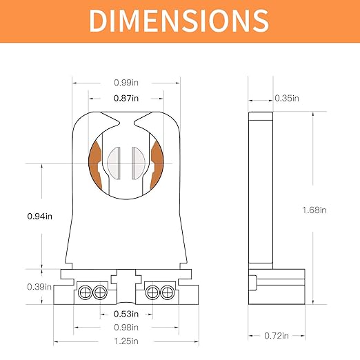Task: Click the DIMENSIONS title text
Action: pyautogui.click(x=179, y=21)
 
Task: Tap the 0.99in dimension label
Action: pyautogui.click(x=125, y=83)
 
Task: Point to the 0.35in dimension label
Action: pyautogui.click(x=287, y=98)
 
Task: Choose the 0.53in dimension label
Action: pyautogui.click(x=126, y=314)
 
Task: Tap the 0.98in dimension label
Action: pyautogui.click(x=126, y=327)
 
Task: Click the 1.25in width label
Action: pyautogui.click(x=126, y=341)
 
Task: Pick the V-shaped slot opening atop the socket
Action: pyautogui.click(x=125, y=125)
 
